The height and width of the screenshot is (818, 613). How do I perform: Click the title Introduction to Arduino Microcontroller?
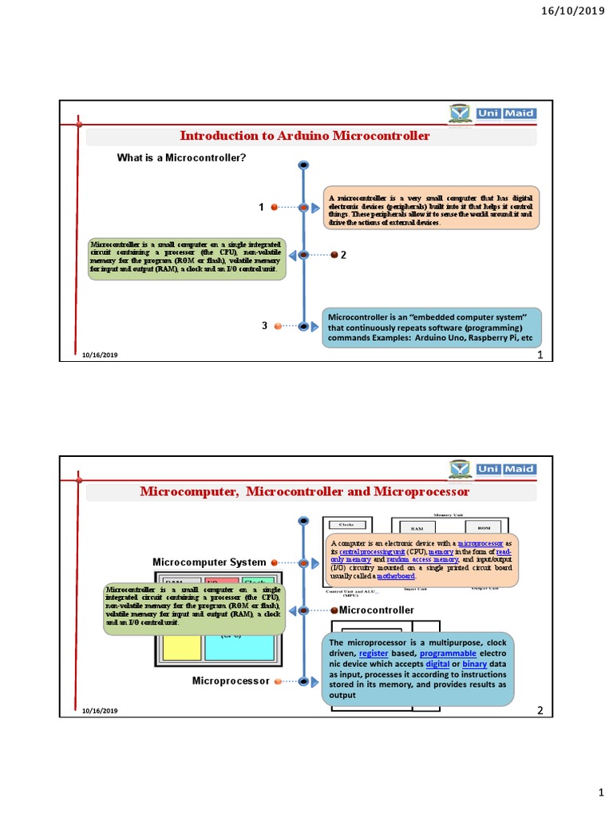click(x=304, y=136)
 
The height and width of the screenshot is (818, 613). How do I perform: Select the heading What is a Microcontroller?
click(x=181, y=157)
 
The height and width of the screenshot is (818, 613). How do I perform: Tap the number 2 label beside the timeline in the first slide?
click(x=344, y=255)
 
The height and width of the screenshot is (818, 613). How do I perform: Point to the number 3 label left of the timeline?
click(x=263, y=326)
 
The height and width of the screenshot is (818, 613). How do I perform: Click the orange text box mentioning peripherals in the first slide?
click(x=430, y=208)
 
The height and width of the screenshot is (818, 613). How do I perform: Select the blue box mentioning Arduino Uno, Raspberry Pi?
click(x=431, y=328)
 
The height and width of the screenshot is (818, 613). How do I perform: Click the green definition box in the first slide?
click(x=188, y=257)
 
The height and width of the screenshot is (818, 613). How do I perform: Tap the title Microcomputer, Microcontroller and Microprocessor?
click(x=305, y=491)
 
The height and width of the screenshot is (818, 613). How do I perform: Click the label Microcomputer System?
click(x=209, y=562)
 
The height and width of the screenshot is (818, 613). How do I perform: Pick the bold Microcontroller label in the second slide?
click(x=377, y=610)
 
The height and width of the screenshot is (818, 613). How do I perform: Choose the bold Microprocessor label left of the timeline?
click(x=231, y=681)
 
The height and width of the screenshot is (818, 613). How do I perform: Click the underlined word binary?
click(x=474, y=664)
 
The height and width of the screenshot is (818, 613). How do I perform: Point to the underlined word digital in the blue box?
click(x=437, y=664)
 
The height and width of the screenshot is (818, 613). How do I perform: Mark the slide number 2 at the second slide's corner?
click(x=540, y=710)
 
